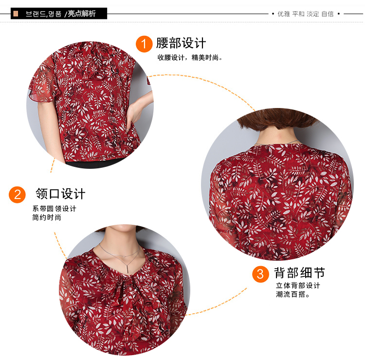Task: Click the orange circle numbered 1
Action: (x=144, y=44)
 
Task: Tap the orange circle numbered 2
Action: (x=17, y=195)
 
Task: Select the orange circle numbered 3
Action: (x=260, y=274)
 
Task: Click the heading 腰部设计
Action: (x=181, y=43)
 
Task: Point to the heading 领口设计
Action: (x=60, y=194)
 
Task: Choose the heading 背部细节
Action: (x=299, y=273)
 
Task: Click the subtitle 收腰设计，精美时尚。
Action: (x=190, y=57)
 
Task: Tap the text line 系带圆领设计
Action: (x=54, y=209)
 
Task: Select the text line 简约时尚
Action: (x=47, y=217)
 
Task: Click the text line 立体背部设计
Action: (x=298, y=286)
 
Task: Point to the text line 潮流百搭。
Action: (x=292, y=294)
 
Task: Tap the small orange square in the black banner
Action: (x=16, y=14)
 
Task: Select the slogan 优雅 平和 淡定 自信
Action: (x=306, y=14)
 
